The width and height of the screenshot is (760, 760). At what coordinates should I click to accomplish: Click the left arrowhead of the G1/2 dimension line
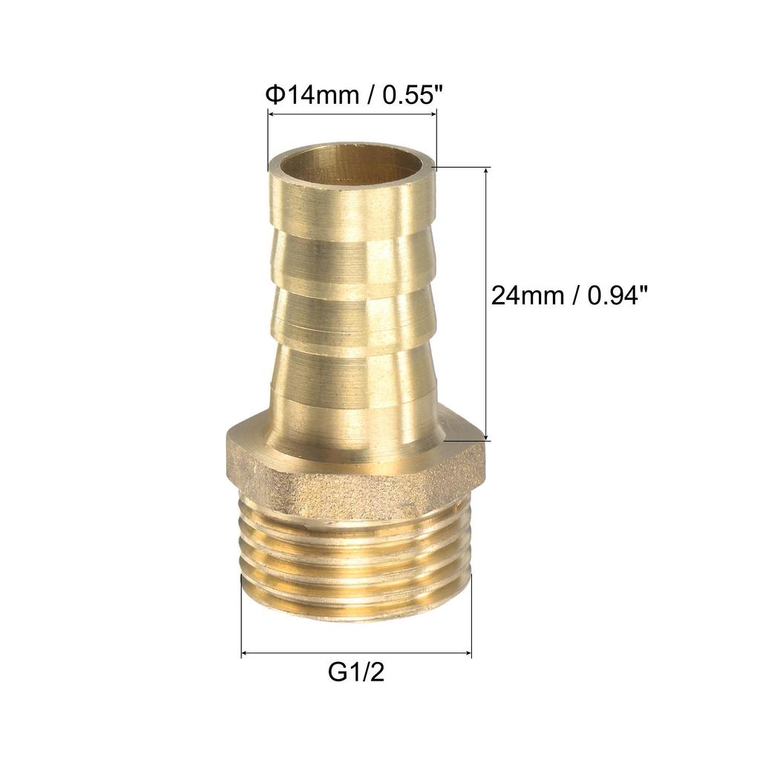(x=246, y=653)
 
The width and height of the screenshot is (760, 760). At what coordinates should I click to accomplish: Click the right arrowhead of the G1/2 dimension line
(x=468, y=653)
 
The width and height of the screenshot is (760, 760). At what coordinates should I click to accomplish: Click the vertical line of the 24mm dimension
(x=487, y=237)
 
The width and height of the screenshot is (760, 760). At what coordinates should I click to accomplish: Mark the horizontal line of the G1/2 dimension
(x=356, y=653)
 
